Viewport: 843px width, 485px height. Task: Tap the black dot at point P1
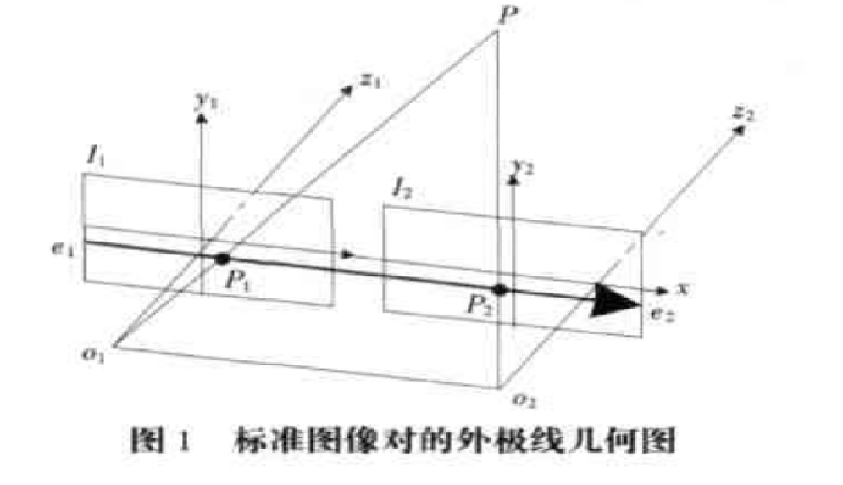tap(222, 259)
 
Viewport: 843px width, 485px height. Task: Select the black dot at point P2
tap(500, 290)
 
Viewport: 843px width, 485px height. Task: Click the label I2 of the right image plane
tap(402, 188)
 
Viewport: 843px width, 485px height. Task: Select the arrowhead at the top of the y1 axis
tap(201, 118)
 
